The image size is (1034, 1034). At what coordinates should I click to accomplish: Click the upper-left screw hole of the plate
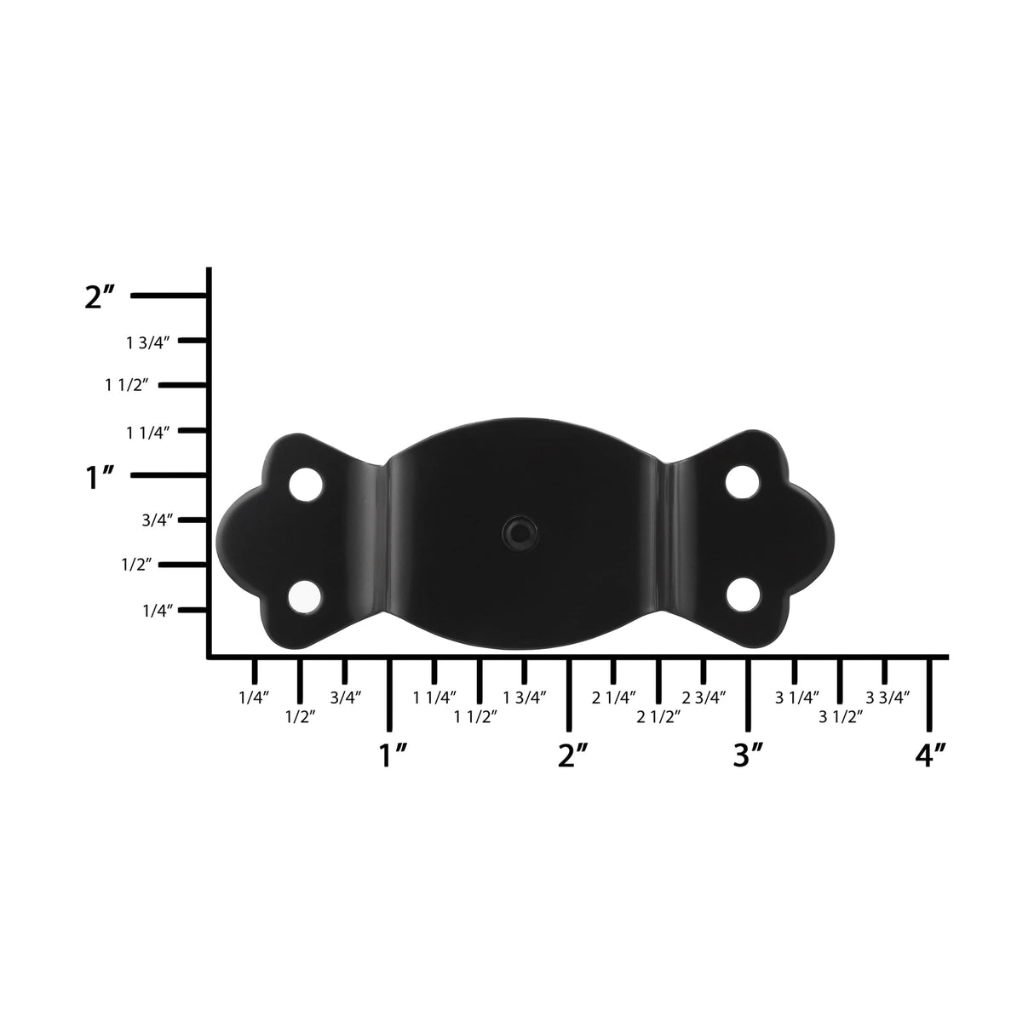(306, 484)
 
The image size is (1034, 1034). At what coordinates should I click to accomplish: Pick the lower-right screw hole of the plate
(744, 595)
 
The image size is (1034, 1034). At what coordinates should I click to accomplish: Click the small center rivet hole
(517, 532)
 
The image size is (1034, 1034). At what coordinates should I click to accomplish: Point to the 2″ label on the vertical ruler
(100, 297)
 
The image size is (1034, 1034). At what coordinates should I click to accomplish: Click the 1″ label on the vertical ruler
(100, 478)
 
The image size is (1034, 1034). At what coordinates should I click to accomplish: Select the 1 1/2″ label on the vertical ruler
(128, 386)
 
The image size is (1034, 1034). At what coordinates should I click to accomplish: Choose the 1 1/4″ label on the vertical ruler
(149, 433)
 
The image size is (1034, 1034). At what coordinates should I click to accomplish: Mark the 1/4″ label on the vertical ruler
(157, 611)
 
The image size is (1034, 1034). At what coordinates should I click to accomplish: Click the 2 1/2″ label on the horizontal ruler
(659, 717)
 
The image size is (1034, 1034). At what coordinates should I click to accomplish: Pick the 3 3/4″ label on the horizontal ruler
(888, 698)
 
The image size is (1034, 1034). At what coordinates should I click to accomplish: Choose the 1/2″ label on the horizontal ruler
(300, 717)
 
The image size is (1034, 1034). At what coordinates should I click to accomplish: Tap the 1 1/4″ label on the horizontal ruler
(434, 698)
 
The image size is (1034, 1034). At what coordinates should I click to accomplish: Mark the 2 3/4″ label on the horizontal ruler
(704, 698)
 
